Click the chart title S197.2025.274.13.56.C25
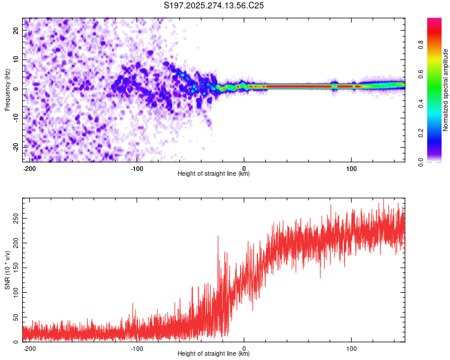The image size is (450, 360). point(214,5)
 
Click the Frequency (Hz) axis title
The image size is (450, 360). point(7,89)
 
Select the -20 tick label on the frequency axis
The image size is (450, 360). point(16,147)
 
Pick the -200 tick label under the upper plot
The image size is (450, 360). point(29,167)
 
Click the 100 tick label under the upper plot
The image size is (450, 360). point(352,167)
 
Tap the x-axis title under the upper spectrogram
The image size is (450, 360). point(214,174)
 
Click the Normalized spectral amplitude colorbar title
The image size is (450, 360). point(446,90)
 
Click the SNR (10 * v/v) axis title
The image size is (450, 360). point(7,270)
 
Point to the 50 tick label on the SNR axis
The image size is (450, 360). point(16,317)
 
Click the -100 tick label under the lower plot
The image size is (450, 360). point(136,347)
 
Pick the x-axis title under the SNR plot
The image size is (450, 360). point(214,354)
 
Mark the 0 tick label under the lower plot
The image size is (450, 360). point(244,347)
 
